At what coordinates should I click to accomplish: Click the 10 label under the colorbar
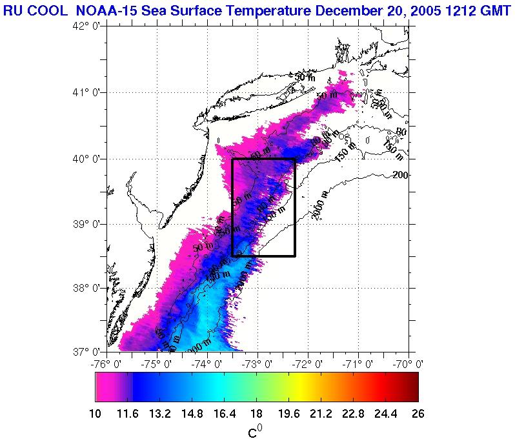96,414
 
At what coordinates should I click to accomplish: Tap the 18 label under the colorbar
257,414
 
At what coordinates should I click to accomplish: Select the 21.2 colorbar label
321,414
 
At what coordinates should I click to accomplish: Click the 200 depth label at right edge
401,175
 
